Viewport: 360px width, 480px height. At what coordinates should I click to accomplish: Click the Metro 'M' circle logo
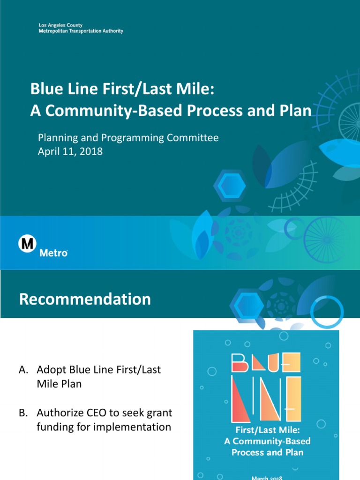point(27,244)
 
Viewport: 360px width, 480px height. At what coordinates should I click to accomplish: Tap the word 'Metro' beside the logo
point(53,253)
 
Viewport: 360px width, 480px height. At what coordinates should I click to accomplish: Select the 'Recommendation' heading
point(85,299)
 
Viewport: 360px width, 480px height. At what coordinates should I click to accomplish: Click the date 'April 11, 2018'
point(70,151)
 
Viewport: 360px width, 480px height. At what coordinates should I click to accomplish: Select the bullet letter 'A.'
point(23,370)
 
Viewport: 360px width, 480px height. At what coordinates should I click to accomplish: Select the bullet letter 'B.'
point(23,413)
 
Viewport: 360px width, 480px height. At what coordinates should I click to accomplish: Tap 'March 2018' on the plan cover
point(266,477)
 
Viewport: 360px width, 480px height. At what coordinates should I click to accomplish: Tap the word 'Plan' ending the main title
point(296,111)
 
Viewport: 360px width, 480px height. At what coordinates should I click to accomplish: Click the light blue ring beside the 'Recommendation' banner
point(327,311)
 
